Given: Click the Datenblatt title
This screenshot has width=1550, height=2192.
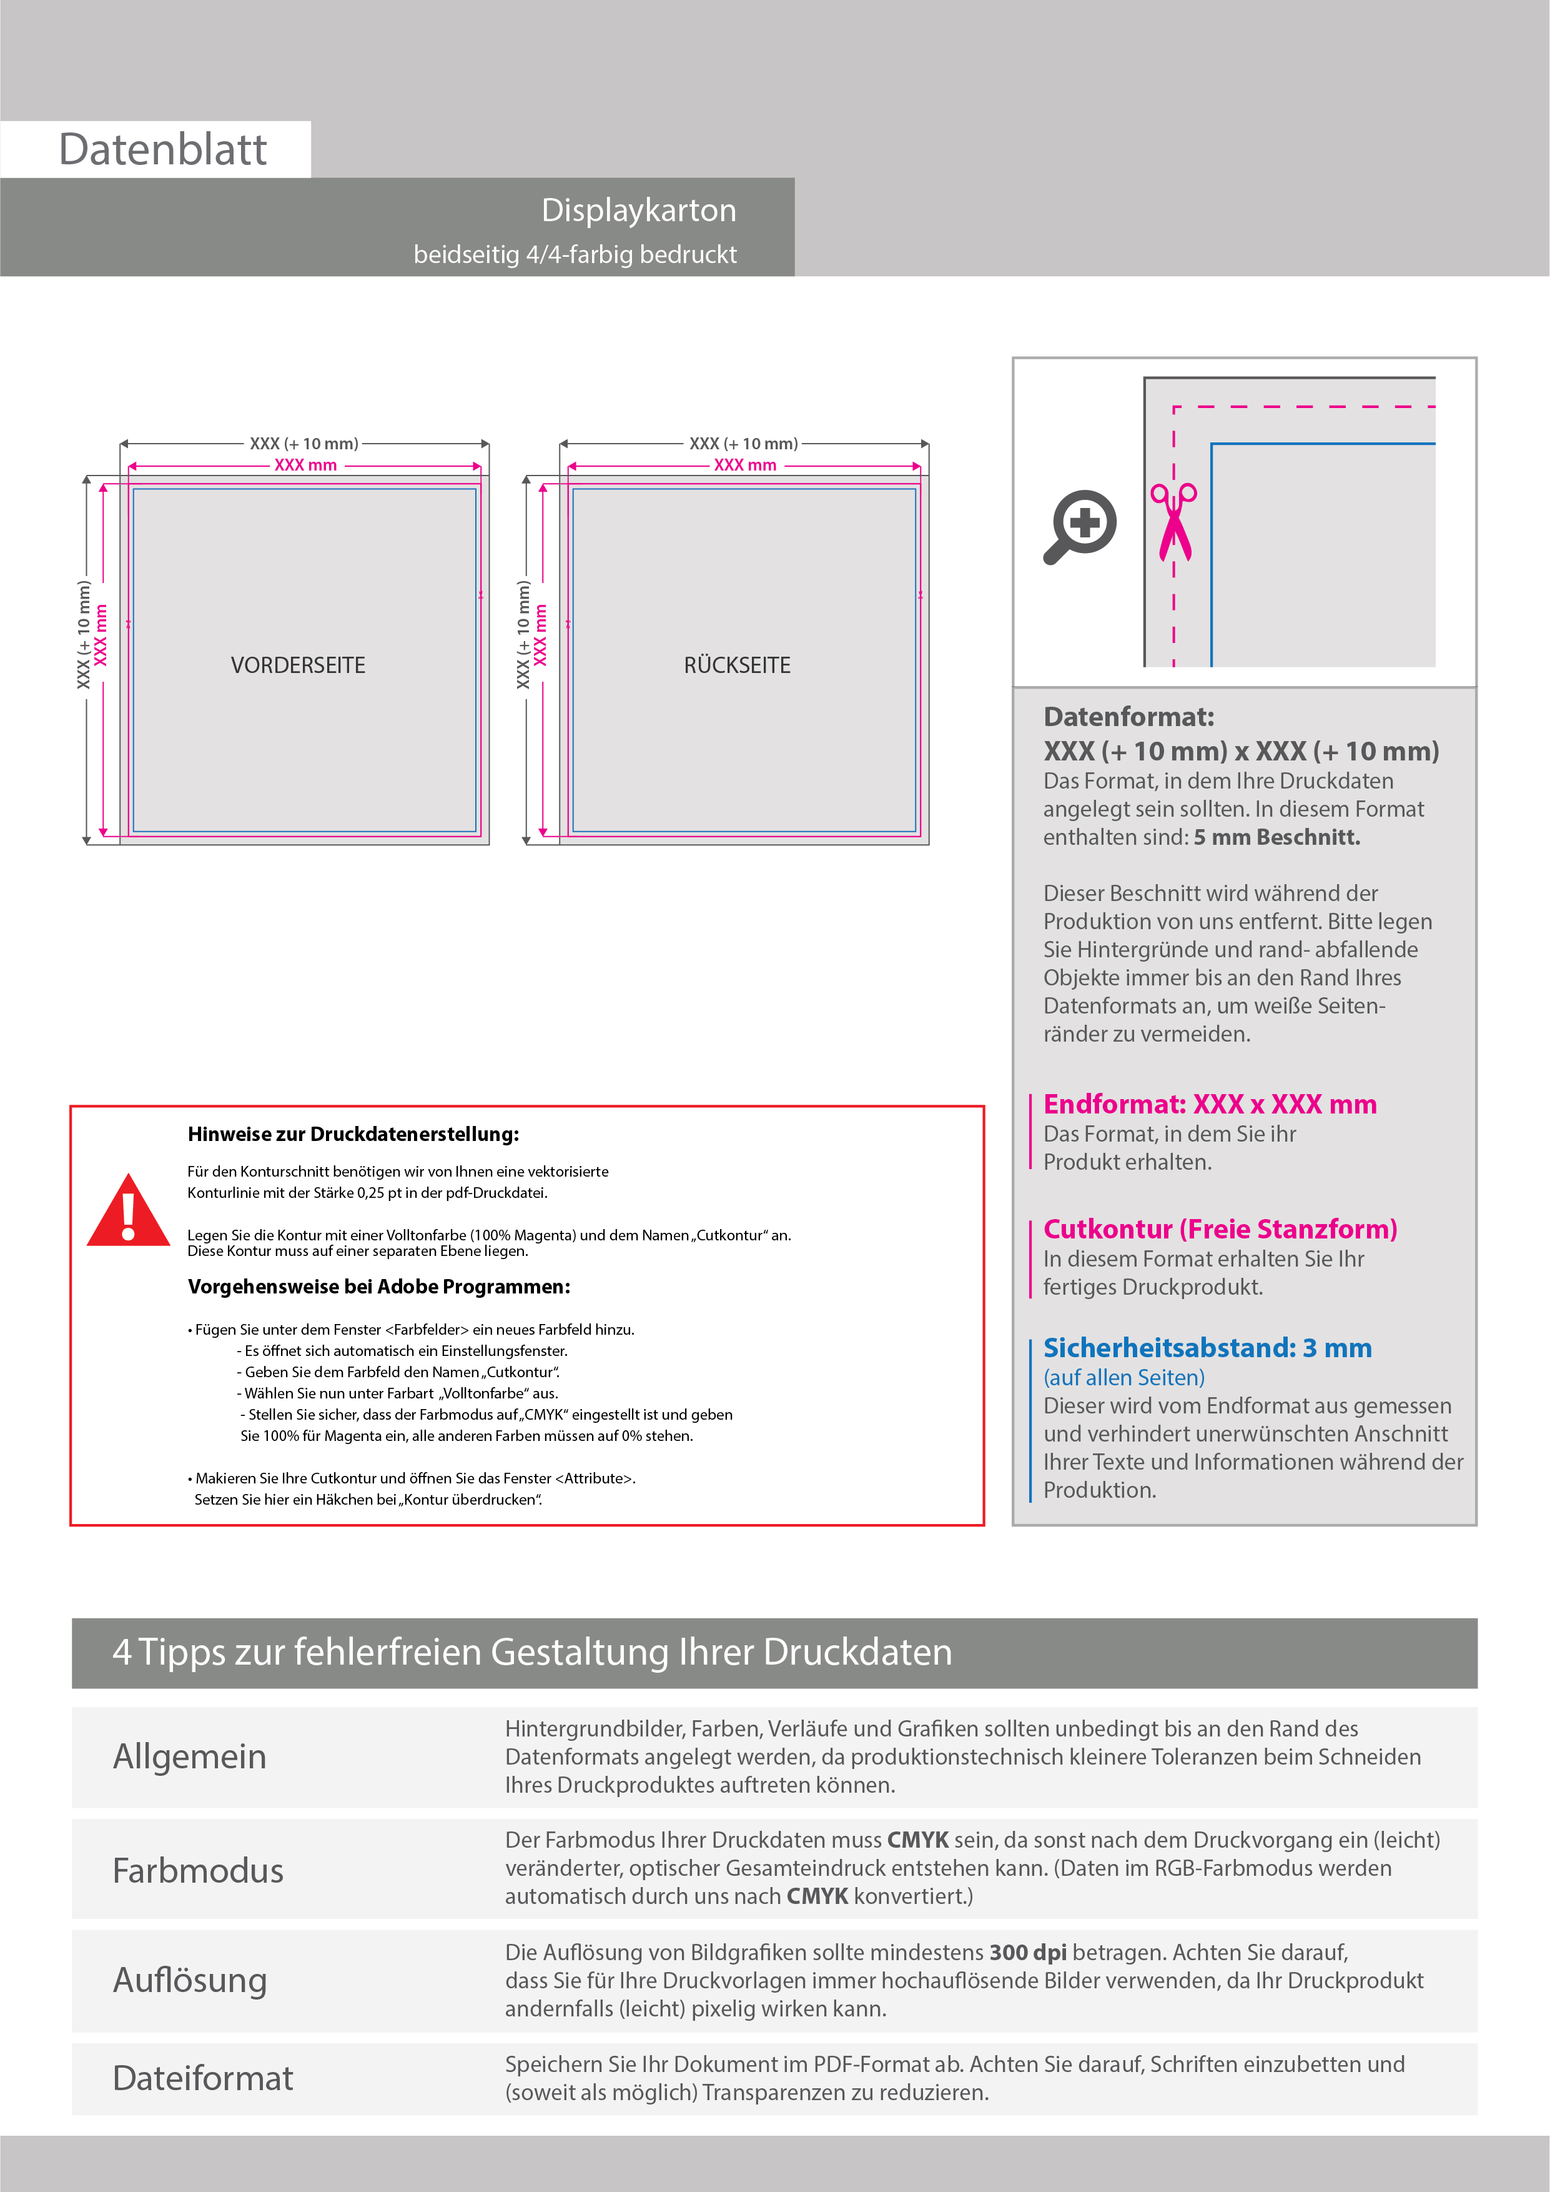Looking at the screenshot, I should (162, 150).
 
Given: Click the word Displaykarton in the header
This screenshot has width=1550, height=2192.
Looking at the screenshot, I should (638, 210).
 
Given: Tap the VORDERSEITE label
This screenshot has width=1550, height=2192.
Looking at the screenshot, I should (298, 665).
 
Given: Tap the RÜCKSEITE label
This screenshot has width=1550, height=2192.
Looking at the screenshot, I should (737, 665).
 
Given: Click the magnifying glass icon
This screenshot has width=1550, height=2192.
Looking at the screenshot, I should (1080, 526).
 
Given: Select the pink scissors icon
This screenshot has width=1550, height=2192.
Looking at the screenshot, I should (1174, 521).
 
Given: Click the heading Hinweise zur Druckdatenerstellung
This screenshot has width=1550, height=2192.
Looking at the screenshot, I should (353, 1134).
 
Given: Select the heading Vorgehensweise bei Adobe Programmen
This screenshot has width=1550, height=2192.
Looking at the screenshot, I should (379, 1287).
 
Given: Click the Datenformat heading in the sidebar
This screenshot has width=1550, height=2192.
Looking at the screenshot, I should (1128, 717).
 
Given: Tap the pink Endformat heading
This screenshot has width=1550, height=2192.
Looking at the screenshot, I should (1209, 1105).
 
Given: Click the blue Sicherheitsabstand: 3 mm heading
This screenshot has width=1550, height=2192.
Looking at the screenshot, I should (1207, 1348).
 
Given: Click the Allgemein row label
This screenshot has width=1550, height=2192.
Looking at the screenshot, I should (190, 1756).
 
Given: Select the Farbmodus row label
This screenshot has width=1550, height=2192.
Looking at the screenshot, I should (197, 1870).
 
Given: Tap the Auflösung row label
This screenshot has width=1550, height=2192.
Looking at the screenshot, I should (190, 1980).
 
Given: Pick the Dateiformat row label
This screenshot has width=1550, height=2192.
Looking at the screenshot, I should (202, 2078).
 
